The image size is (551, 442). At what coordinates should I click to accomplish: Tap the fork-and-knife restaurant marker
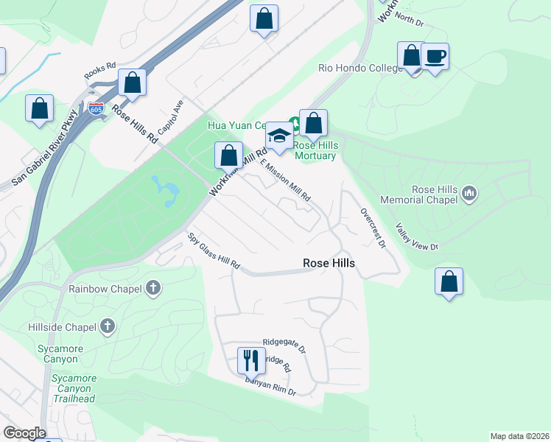[x=251, y=360]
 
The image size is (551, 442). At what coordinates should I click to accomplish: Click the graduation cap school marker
[x=279, y=135]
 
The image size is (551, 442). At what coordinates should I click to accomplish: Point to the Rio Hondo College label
[x=359, y=69]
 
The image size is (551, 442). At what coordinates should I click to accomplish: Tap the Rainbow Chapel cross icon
[x=153, y=288]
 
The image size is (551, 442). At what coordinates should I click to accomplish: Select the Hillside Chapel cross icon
[x=108, y=326]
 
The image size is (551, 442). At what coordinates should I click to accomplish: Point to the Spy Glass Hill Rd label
[x=214, y=252]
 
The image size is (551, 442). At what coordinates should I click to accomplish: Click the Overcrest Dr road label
[x=373, y=228]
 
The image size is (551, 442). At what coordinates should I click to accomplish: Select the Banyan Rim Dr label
[x=271, y=386]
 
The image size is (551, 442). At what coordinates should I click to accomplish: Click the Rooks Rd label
[x=100, y=66]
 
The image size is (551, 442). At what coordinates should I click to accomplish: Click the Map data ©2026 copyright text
[x=519, y=436]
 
